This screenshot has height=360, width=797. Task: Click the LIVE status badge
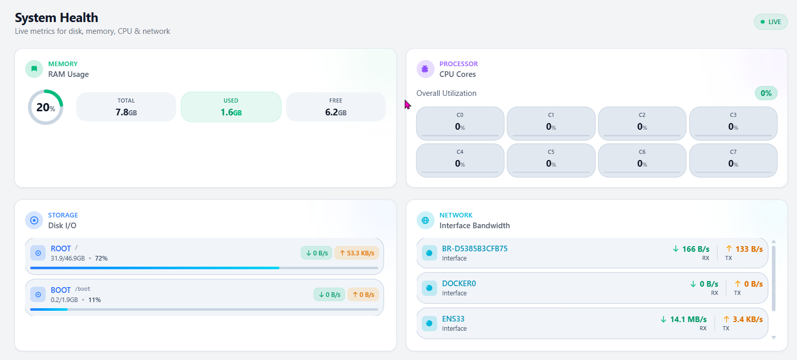click(x=770, y=22)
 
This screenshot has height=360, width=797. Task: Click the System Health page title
click(x=56, y=18)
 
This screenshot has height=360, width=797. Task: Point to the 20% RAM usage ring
click(x=45, y=107)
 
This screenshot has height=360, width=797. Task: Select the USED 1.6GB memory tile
click(x=231, y=107)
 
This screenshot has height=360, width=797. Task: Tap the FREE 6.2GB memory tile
click(x=336, y=107)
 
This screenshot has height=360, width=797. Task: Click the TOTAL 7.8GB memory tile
click(x=126, y=107)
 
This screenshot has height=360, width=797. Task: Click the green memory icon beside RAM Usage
click(x=34, y=69)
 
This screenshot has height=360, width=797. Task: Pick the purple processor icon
click(x=425, y=69)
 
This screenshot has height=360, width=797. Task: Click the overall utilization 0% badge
click(x=766, y=93)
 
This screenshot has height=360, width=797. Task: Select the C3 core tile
click(x=733, y=123)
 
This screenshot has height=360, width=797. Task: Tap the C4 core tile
click(x=460, y=160)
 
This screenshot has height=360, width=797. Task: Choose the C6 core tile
click(x=642, y=160)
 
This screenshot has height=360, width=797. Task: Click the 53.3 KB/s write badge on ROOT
click(x=356, y=253)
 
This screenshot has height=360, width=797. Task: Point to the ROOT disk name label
click(x=60, y=249)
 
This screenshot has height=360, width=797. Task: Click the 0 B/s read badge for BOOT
click(x=329, y=294)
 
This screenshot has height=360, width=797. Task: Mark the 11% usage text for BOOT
click(x=94, y=299)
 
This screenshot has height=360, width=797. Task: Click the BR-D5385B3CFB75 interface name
click(x=475, y=249)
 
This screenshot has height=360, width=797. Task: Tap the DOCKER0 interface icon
click(x=429, y=288)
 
